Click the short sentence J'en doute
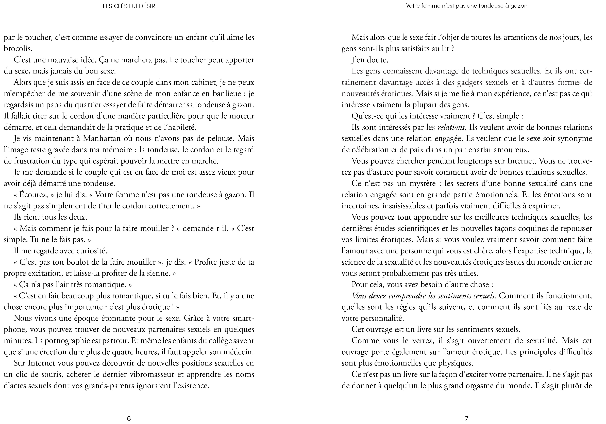click(x=370, y=60)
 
